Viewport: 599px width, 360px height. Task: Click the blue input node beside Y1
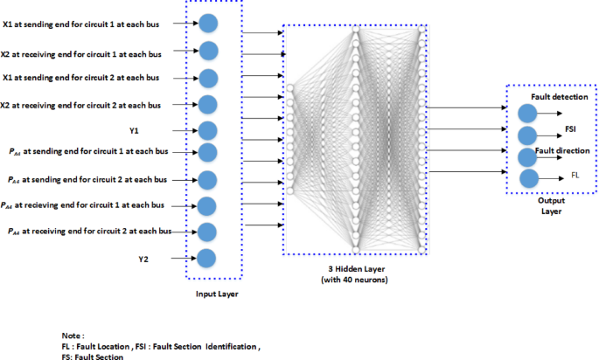[207, 130]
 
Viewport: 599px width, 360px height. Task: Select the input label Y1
[135, 130]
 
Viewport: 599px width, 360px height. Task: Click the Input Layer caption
[218, 294]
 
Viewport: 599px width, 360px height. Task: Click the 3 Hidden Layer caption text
[355, 269]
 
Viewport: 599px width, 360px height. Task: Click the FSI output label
[569, 128]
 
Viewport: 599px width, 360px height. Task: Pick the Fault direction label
[556, 150]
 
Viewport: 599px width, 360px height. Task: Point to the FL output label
[575, 175]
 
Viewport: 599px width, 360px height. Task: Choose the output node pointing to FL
[529, 178]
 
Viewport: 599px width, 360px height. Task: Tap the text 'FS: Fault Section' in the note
[92, 357]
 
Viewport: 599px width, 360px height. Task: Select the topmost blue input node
[208, 22]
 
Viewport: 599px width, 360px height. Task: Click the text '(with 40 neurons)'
[355, 281]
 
